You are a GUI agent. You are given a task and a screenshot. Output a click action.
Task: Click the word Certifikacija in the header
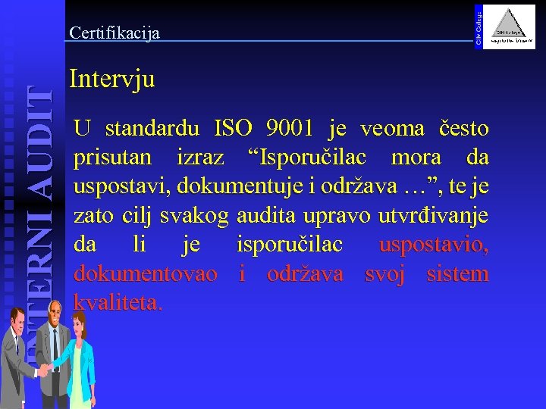114,33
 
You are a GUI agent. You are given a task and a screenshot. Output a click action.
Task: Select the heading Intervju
111,79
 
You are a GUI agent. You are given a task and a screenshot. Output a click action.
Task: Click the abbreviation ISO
234,130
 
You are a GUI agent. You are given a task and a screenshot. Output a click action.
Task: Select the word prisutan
114,159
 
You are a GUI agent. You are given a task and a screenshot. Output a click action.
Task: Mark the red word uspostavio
434,245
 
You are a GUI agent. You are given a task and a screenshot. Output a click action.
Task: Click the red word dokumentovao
145,274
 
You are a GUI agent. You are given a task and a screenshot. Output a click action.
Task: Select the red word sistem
457,274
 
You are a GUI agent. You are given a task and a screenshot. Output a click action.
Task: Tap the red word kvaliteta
118,303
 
